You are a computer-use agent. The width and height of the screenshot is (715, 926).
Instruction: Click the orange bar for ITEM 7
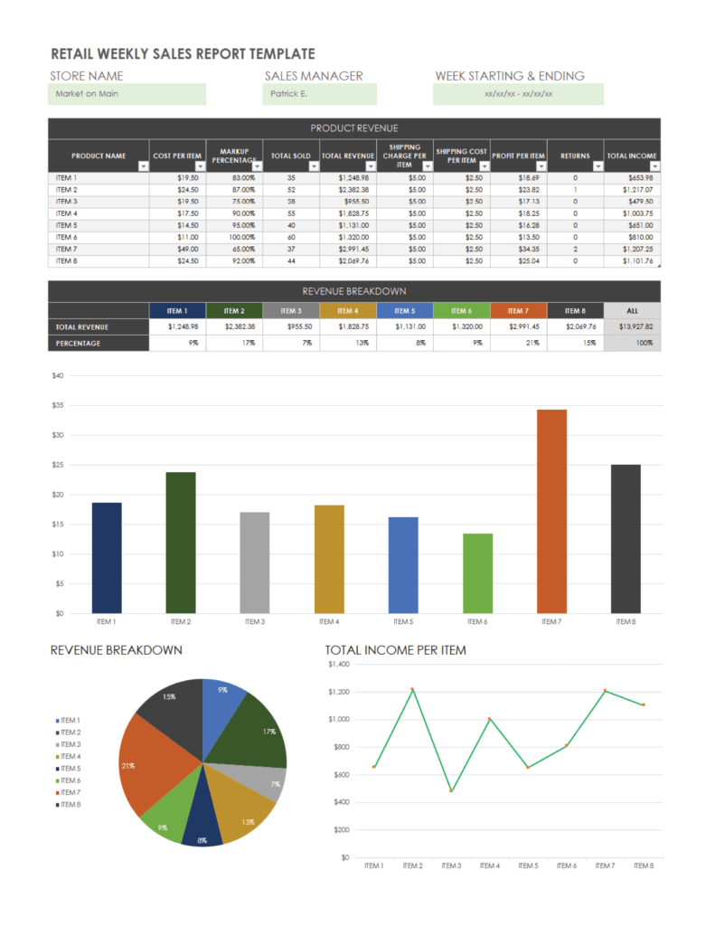click(x=551, y=511)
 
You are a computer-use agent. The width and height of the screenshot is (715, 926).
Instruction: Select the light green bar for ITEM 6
click(x=477, y=572)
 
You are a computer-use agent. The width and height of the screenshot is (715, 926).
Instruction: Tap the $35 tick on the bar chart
click(x=59, y=405)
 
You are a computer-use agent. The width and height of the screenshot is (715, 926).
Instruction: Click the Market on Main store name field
click(x=127, y=94)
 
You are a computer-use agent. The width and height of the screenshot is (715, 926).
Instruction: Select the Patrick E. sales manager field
click(x=320, y=94)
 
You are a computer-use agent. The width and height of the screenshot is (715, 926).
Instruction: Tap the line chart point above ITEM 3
click(x=451, y=790)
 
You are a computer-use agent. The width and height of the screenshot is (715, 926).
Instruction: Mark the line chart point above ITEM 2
click(x=412, y=689)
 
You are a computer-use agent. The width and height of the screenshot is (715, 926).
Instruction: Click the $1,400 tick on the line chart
click(x=339, y=664)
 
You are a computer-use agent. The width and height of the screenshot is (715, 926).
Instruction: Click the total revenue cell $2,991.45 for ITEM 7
click(x=347, y=249)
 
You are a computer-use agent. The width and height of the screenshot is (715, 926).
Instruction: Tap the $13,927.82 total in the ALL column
click(x=632, y=326)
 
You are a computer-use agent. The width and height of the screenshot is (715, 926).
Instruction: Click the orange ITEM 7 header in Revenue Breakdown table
click(x=518, y=310)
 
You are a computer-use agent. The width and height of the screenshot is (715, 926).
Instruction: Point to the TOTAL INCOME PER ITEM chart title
click(x=395, y=650)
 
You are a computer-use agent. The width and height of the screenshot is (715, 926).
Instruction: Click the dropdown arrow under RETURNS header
click(x=597, y=166)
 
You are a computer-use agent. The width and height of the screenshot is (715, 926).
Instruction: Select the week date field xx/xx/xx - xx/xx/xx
click(x=518, y=94)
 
